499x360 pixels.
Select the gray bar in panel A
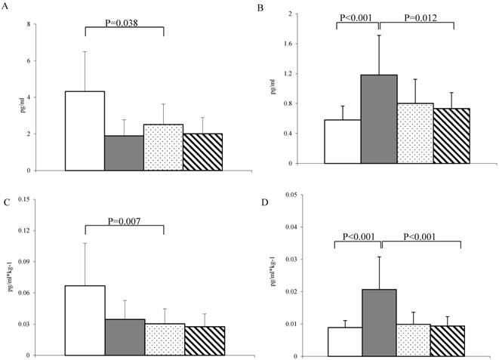click(125, 153)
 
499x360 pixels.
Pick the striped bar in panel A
click(203, 152)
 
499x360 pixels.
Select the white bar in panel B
click(343, 141)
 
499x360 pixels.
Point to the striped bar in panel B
click(451, 136)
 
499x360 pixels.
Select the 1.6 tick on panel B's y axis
click(289, 44)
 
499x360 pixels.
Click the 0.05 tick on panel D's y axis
click(288, 195)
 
